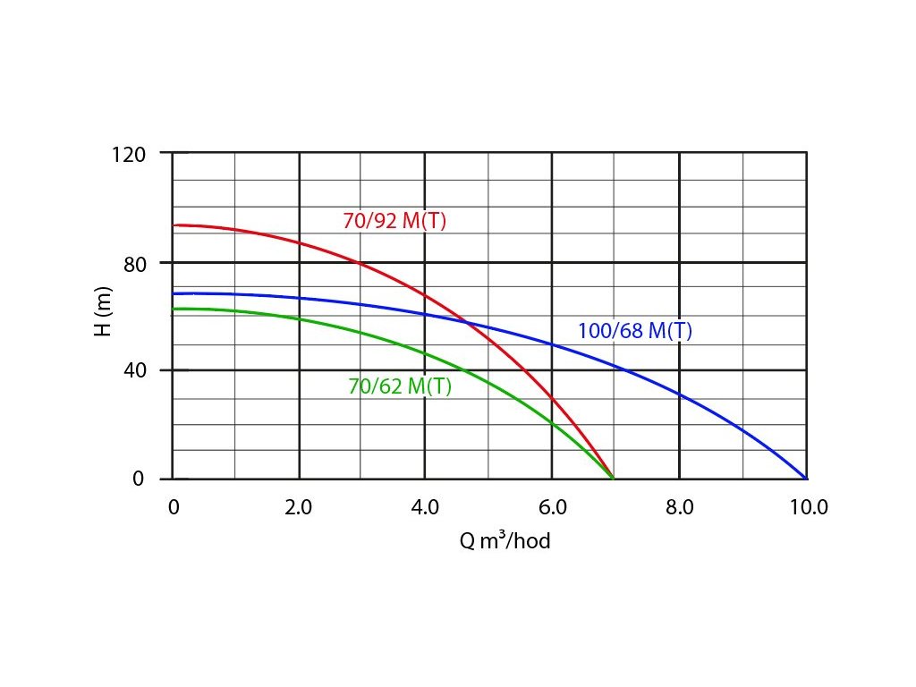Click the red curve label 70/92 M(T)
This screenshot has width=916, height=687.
(x=394, y=220)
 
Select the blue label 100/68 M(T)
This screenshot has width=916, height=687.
(x=635, y=331)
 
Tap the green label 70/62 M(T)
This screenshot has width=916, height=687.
(x=400, y=386)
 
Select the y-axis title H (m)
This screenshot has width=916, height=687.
(x=103, y=315)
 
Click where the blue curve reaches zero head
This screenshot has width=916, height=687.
(x=807, y=479)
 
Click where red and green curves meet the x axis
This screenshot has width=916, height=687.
(x=614, y=479)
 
